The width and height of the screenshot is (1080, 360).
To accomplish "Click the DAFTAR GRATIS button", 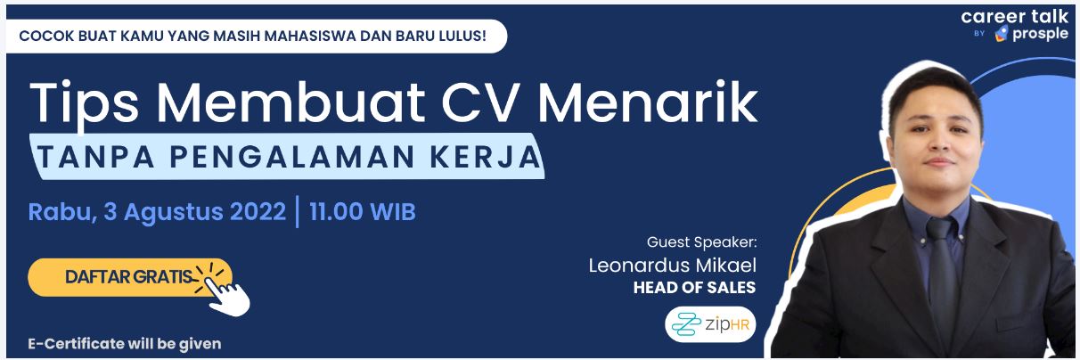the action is [130, 277].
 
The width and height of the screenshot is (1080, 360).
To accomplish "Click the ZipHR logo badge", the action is [710, 324].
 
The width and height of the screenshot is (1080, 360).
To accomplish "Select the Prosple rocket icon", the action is [1002, 34].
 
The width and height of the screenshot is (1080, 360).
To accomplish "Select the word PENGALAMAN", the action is [292, 157].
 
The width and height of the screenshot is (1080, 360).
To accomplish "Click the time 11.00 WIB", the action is [363, 211].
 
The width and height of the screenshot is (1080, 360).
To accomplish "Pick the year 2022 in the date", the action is [258, 211].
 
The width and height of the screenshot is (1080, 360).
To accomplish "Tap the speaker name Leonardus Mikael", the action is [672, 265].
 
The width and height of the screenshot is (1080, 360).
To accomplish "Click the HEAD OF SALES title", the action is [694, 287].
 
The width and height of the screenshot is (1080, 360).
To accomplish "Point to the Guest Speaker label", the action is [701, 241].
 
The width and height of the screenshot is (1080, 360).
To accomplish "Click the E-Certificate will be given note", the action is [125, 344].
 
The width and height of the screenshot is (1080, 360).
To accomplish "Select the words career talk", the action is [1014, 16].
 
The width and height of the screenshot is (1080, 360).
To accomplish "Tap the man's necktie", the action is [942, 274].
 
